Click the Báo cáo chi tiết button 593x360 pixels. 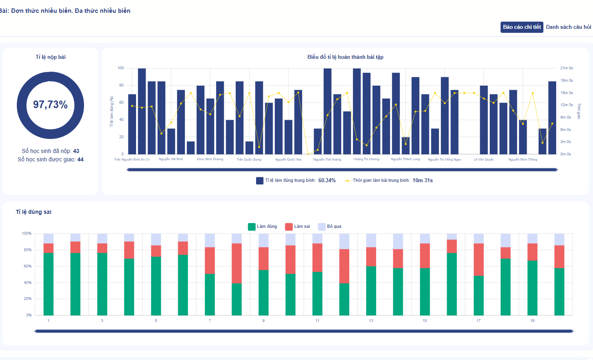[522, 27]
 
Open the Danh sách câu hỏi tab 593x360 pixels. [568, 27]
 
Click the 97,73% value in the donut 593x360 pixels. [50, 105]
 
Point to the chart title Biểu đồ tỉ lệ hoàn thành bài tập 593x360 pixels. [345, 57]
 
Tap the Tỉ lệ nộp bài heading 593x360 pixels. [50, 57]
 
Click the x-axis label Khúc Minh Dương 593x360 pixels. [210, 159]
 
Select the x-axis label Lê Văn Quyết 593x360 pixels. [483, 159]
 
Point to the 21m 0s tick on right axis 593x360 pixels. [567, 68]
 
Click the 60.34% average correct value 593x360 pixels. [327, 181]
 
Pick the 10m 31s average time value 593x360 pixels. [423, 181]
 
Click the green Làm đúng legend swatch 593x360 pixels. [252, 227]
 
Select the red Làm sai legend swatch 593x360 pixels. [289, 227]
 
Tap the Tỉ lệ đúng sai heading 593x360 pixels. [34, 212]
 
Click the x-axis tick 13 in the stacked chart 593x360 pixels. [371, 321]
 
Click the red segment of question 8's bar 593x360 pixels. [236, 263]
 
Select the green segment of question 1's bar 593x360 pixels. [48, 284]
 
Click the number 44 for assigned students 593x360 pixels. [80, 160]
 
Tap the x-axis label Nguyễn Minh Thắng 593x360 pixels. [523, 159]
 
